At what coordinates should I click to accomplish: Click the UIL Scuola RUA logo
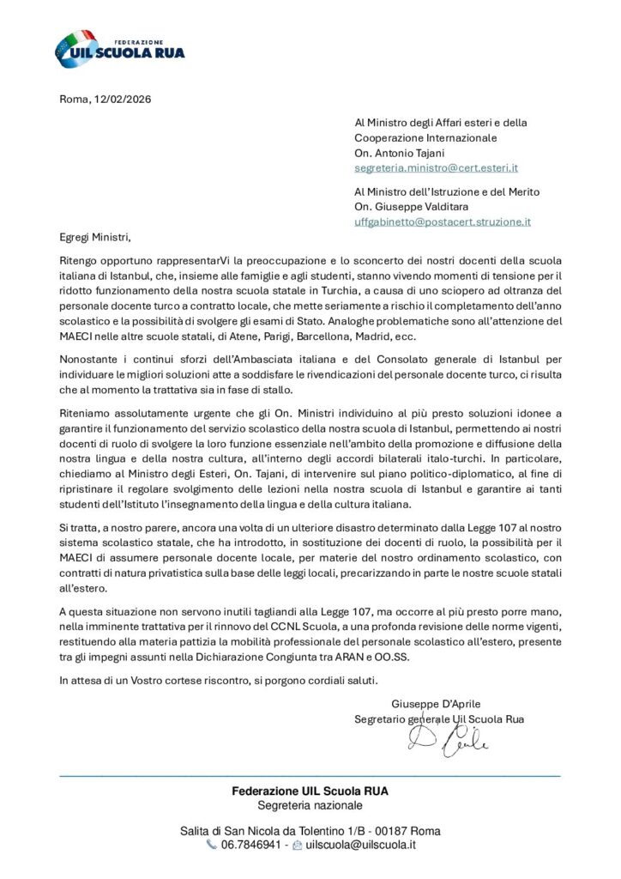click(x=119, y=50)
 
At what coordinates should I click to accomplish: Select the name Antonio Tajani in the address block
click(x=408, y=153)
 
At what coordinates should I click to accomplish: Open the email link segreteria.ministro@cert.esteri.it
click(x=436, y=168)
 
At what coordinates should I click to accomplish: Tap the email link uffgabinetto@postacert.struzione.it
click(x=443, y=221)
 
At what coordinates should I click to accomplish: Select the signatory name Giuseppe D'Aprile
click(x=436, y=704)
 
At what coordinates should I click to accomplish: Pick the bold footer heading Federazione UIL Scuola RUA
click(x=310, y=791)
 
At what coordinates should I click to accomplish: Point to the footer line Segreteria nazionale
click(x=310, y=805)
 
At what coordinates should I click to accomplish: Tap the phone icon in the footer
click(x=212, y=845)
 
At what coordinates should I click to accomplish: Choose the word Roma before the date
click(x=74, y=99)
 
